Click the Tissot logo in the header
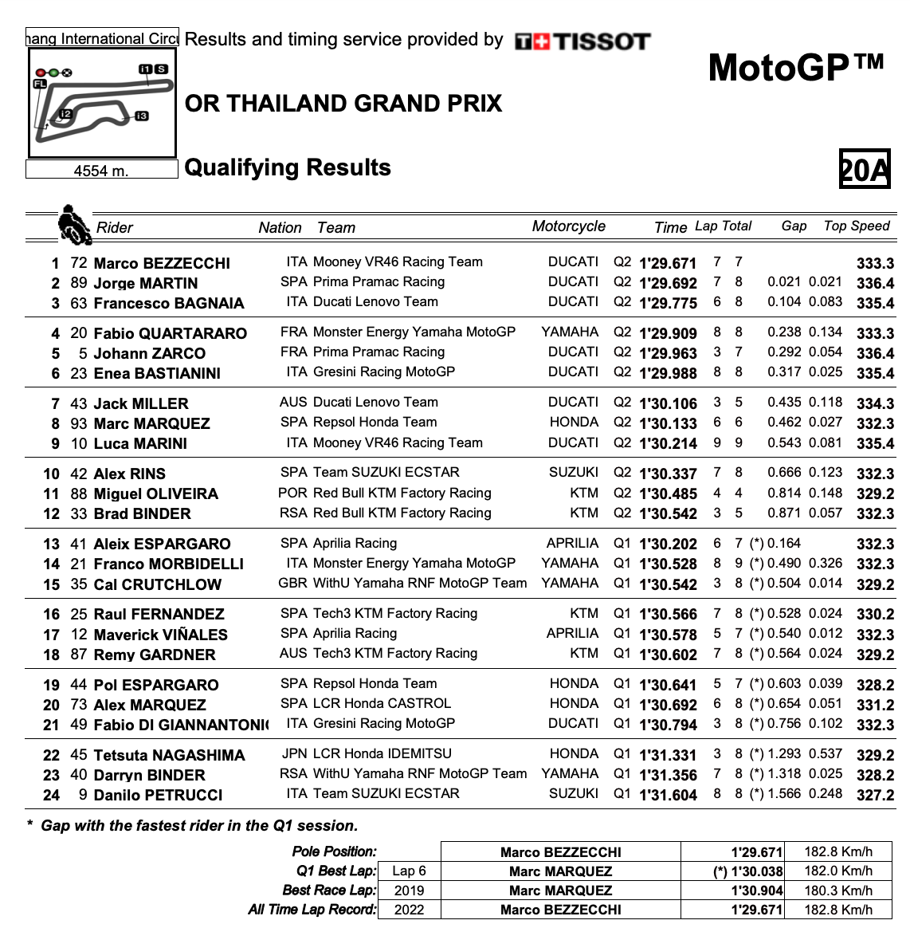(582, 41)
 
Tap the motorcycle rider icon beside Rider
(73, 225)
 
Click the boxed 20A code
(865, 169)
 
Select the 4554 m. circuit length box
(101, 170)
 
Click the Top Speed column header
(857, 226)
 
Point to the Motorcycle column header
(568, 226)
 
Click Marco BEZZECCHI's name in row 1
(162, 263)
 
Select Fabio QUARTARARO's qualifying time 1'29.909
(668, 333)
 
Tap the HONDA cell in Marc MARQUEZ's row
(574, 423)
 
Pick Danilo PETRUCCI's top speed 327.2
(875, 795)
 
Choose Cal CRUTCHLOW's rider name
(158, 584)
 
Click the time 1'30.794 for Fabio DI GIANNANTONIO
(668, 725)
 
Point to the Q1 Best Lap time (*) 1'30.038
(747, 871)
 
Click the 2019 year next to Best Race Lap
(409, 891)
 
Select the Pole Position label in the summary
(335, 852)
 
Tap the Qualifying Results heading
(288, 167)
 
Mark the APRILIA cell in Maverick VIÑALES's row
(572, 634)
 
